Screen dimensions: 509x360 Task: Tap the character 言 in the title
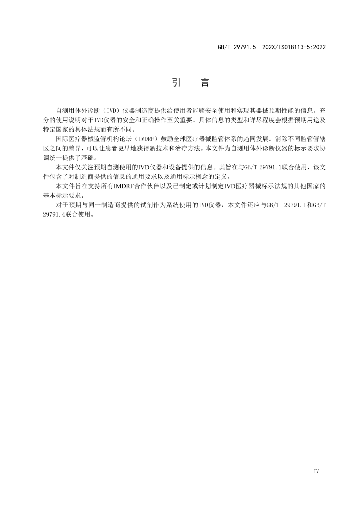205,82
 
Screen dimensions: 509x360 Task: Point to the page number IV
316,471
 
